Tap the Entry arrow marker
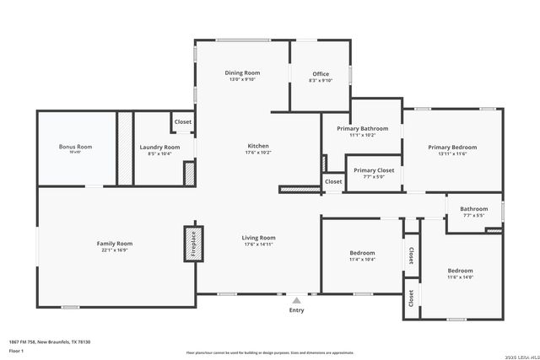pos(296,299)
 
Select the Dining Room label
pos(241,73)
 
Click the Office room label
pos(321,74)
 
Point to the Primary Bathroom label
pos(362,128)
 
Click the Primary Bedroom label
pos(452,148)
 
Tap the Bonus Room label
pos(75,147)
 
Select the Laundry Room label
pos(159,148)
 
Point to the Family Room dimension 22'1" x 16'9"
pos(114,250)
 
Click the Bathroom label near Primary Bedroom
pos(473,209)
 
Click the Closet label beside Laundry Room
pos(183,122)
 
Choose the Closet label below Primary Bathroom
pos(333,181)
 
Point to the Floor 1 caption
pos(17,350)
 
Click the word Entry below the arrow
pos(296,310)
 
